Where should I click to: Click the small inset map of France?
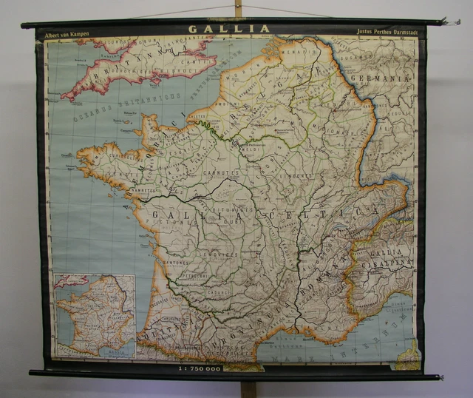[x=94, y=315]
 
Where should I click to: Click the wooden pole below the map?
[x=248, y=388]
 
